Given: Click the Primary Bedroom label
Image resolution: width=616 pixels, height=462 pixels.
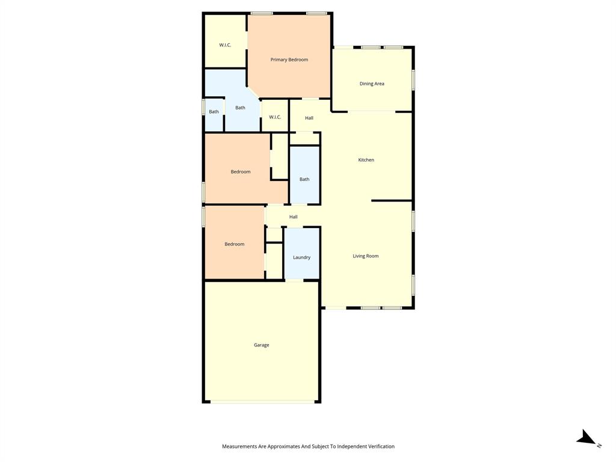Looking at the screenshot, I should (289, 60).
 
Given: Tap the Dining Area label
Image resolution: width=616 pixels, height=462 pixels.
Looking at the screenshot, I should (372, 84).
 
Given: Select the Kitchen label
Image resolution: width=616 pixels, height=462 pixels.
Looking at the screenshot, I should (366, 160).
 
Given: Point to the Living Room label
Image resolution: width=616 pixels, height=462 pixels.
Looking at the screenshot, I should (365, 256).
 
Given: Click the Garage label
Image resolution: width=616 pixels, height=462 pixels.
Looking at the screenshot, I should (261, 345).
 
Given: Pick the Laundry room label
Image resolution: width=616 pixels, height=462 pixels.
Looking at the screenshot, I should (301, 257).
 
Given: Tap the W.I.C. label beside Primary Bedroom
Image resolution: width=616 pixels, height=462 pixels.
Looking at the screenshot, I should (225, 45).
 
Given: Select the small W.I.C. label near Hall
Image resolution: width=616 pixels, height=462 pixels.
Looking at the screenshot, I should (275, 117).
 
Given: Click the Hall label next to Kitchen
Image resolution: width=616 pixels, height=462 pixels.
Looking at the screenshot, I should (309, 118).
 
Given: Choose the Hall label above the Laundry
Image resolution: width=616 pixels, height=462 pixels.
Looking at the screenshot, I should (293, 217).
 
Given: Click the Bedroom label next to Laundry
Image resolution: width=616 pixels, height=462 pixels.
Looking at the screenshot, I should (234, 244).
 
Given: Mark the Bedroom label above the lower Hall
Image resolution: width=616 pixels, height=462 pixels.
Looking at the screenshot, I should (240, 172).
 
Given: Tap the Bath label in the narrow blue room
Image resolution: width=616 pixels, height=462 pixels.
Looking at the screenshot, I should (304, 179).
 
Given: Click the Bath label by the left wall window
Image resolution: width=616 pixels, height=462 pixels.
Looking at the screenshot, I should (214, 112).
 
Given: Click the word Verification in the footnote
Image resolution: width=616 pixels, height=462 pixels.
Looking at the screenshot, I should (379, 446).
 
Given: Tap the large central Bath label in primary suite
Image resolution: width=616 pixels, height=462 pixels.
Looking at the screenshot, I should (240, 108).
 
